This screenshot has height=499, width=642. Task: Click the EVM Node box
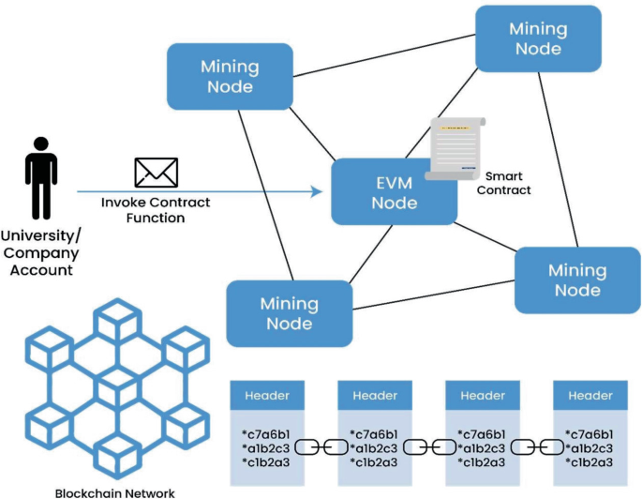[394, 191]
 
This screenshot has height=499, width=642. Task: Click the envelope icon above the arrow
[156, 174]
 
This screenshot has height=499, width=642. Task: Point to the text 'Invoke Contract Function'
[156, 210]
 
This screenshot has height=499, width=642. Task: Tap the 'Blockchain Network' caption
[114, 491]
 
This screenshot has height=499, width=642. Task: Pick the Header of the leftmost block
[266, 395]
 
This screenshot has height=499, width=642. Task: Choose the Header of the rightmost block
[590, 395]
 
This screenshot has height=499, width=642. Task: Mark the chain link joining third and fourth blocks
[537, 448]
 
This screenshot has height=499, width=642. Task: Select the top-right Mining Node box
[538, 38]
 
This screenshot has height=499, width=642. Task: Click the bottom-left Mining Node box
[289, 312]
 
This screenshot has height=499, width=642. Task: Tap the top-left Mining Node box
[228, 76]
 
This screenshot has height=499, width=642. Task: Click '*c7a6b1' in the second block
[374, 434]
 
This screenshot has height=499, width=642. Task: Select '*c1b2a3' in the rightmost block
[590, 462]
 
